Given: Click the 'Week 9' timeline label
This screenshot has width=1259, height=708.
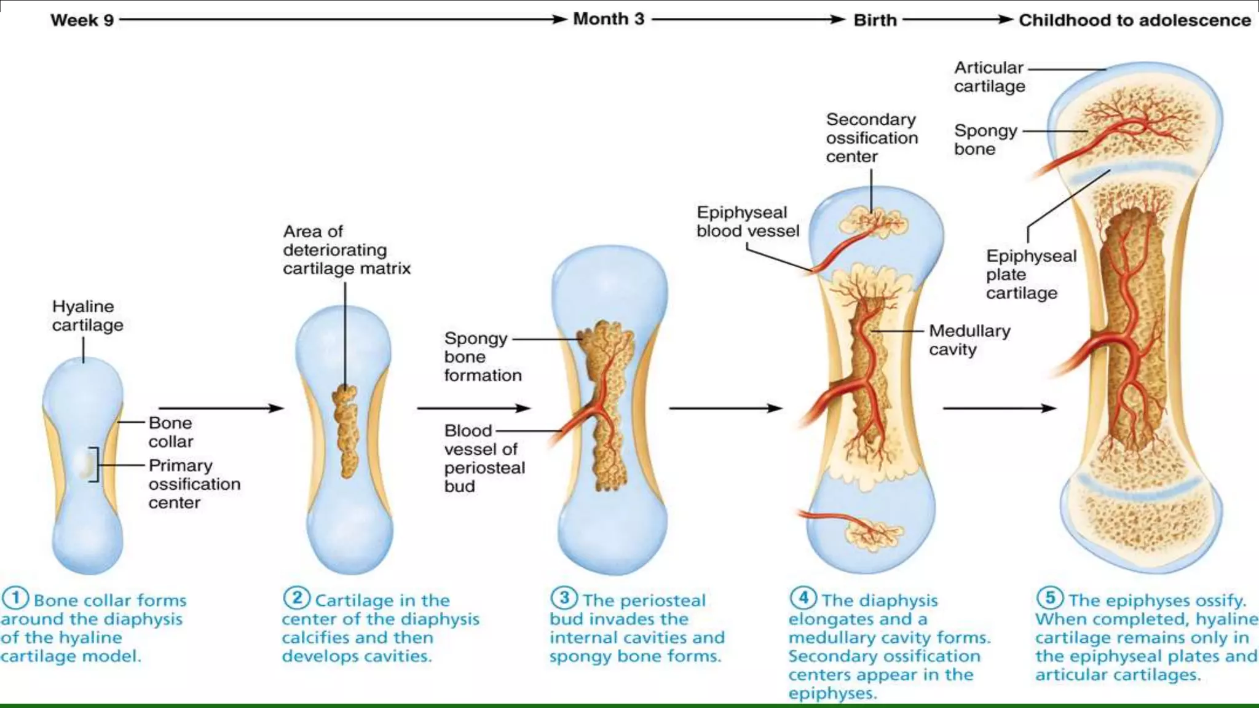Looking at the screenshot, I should [x=82, y=20].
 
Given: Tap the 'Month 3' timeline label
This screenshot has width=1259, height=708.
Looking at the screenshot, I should [x=609, y=19].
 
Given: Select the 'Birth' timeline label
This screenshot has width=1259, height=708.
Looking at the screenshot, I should [x=875, y=20].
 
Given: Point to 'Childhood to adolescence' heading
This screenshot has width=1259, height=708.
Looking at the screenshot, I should [x=1134, y=20].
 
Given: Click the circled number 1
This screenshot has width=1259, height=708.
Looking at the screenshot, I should [x=15, y=598].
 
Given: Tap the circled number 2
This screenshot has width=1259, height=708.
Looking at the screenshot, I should [x=296, y=598].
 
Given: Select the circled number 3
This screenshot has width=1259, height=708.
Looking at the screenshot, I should [x=564, y=598].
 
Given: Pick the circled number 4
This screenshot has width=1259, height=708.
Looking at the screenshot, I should [x=803, y=598].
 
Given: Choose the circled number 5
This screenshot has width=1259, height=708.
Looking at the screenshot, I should [x=1050, y=598].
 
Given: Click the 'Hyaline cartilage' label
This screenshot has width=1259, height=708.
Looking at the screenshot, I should [x=87, y=315].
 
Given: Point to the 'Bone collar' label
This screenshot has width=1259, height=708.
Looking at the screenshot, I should [x=170, y=432].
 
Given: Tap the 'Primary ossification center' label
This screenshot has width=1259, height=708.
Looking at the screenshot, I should [x=194, y=484].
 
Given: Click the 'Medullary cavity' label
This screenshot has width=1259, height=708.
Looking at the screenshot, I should [x=969, y=340].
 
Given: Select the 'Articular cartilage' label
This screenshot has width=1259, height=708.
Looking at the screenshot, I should [x=989, y=77].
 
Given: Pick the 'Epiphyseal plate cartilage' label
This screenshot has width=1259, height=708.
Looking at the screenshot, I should [x=1031, y=274].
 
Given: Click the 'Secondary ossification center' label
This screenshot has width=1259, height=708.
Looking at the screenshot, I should [x=871, y=138].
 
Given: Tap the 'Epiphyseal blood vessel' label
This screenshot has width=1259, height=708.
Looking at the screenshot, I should [x=748, y=221].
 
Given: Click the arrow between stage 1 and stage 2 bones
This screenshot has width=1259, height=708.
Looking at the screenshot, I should [x=221, y=408].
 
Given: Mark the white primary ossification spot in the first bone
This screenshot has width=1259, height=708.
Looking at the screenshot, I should [x=86, y=465].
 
